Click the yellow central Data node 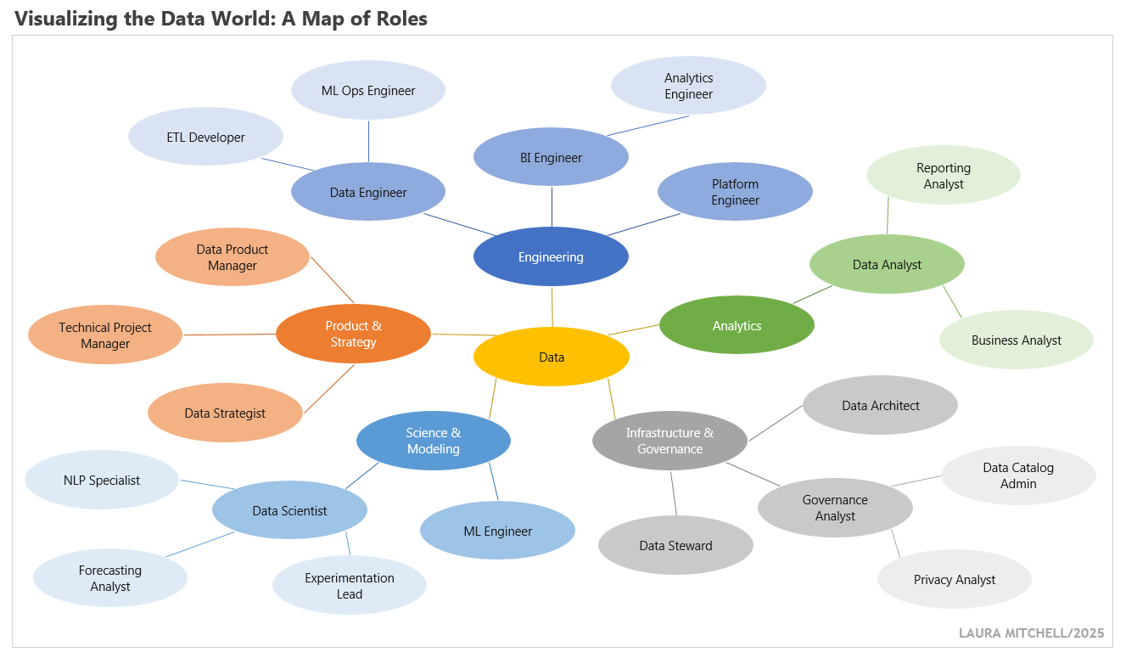(x=552, y=357)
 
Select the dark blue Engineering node (x=551, y=256)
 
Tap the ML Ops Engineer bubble (x=368, y=90)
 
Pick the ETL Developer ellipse (x=205, y=137)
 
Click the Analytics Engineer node (x=688, y=86)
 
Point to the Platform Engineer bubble (x=735, y=192)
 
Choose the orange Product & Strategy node (x=353, y=334)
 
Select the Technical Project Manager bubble (x=105, y=335)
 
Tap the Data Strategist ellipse (x=225, y=413)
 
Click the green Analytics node (x=737, y=325)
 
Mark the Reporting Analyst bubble (x=943, y=176)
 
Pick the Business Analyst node (x=1016, y=340)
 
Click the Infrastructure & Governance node (x=669, y=441)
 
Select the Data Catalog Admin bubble (x=1018, y=475)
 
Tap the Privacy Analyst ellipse (x=954, y=580)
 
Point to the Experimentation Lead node (x=349, y=586)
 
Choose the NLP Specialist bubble (x=102, y=480)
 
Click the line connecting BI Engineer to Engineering (x=552, y=208)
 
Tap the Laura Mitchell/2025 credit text (x=1031, y=633)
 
